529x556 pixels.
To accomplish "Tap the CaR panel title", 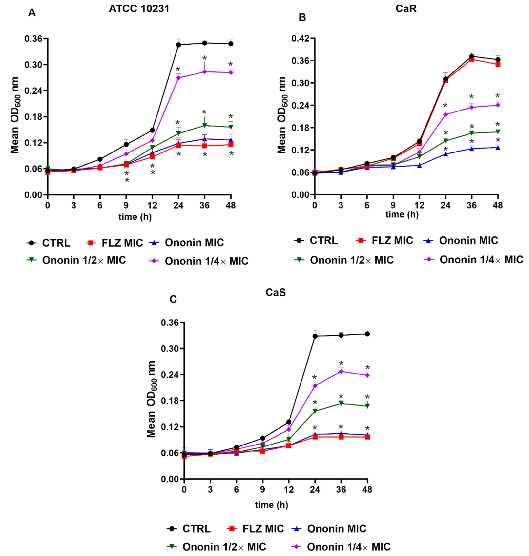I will pos(406,9).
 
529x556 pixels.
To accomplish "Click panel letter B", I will pos(302,18).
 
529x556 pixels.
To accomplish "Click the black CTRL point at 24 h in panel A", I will pos(178,45).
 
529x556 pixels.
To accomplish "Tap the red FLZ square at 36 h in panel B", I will pos(471,59).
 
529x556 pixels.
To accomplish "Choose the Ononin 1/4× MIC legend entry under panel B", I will pos(474,260).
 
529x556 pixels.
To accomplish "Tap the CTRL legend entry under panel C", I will pos(188,529).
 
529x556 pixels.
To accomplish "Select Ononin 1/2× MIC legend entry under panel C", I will pos(216,547).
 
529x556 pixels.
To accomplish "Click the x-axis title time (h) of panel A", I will pos(135,217).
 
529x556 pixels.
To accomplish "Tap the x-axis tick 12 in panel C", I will pos(289,490).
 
